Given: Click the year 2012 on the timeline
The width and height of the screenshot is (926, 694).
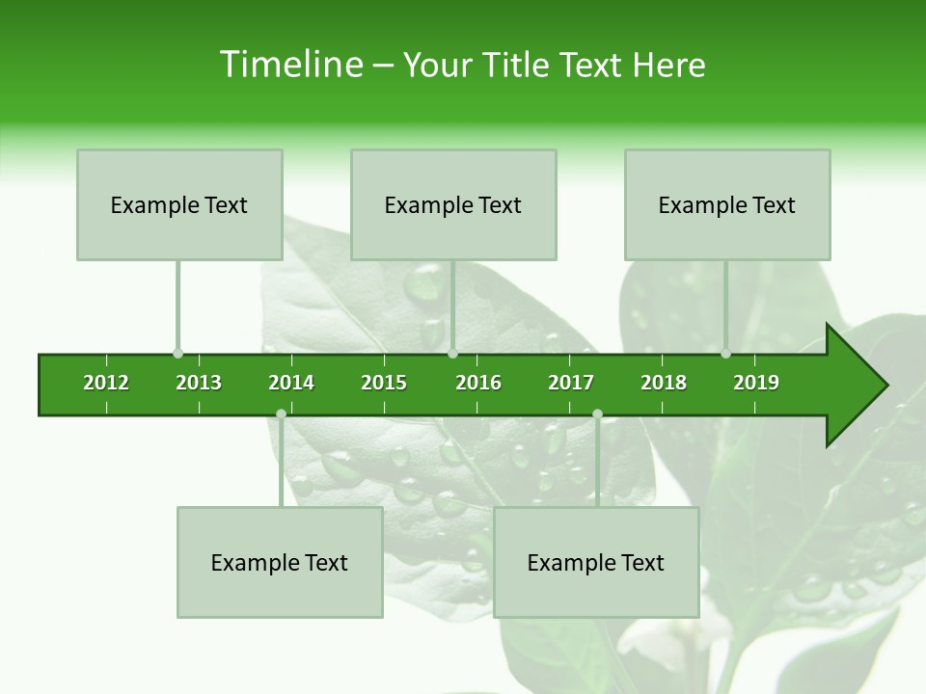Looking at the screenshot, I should pos(106,383).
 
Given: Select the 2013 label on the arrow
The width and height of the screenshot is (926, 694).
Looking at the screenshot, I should pos(199,383).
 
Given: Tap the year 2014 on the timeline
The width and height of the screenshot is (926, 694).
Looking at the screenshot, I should pos(291,383).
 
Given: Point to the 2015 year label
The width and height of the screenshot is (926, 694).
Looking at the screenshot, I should pos(384,383).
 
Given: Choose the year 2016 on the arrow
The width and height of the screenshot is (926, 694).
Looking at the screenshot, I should pos(478,383).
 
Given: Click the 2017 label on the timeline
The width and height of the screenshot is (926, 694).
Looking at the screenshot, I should pos(571,383).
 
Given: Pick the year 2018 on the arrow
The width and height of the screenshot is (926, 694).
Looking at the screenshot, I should pos(664,383).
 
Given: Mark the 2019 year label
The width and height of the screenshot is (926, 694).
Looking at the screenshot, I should pos(756,383).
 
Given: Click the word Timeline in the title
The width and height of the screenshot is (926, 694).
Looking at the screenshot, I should pos(290,65).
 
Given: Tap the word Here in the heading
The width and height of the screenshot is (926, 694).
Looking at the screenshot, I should pos(668,65).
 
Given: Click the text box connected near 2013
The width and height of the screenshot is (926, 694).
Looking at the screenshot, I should pos(179,204).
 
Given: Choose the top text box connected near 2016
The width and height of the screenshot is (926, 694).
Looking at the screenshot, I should pos(453,204).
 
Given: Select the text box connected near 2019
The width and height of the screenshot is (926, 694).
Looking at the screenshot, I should pos(727,204).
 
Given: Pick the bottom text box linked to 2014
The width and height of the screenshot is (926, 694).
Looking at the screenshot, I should pos(280,562).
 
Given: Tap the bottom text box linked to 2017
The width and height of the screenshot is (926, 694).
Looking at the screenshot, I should pos(596,562).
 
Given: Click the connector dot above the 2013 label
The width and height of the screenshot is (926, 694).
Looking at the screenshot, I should pos(177,354).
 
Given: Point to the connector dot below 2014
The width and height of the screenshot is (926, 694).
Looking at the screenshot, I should pos(281,414).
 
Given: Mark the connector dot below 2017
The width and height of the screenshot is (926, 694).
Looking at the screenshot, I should pos(597,414).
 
